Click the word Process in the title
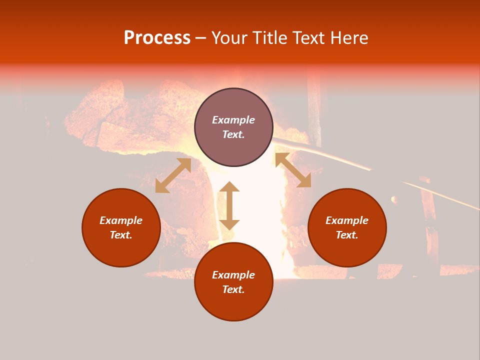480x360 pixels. pyautogui.click(x=157, y=38)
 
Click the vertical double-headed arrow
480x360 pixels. pyautogui.click(x=229, y=206)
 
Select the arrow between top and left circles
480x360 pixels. pyautogui.click(x=173, y=175)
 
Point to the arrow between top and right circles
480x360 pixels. pyautogui.click(x=293, y=170)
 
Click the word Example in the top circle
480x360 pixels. pyautogui.click(x=233, y=120)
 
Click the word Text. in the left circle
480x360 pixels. pyautogui.click(x=121, y=235)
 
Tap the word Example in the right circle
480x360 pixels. pyautogui.click(x=347, y=220)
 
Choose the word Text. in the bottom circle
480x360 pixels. pyautogui.click(x=233, y=289)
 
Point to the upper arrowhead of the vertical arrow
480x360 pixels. pyautogui.click(x=229, y=187)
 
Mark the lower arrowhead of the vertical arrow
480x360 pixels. pyautogui.click(x=229, y=224)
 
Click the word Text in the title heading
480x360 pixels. pyautogui.click(x=309, y=38)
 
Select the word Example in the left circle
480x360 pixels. pyautogui.click(x=121, y=220)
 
